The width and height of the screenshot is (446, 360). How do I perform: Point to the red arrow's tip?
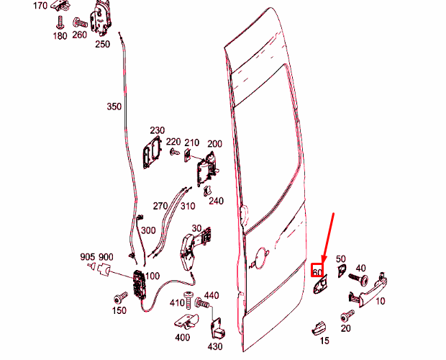coord(322,263)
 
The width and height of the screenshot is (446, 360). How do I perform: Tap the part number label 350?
coord(114,107)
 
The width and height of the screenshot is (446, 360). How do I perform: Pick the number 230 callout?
coord(158,130)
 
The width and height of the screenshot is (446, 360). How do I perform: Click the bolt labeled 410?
coord(188,300)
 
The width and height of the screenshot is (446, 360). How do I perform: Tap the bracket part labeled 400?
coord(186,321)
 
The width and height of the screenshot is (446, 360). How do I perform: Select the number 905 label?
coord(87,257)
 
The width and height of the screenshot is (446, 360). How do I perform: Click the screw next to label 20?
coord(347,316)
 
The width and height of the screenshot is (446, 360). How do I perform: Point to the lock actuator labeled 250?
coord(101,19)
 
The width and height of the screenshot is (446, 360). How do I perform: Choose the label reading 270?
coord(160,206)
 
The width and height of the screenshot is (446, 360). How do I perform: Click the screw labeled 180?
coord(60,22)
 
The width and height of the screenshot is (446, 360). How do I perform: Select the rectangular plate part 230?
coord(151,153)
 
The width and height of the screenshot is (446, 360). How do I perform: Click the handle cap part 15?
coord(319,328)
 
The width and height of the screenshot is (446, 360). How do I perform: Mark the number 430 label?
coord(215,346)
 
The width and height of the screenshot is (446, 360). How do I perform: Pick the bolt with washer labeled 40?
coord(358,279)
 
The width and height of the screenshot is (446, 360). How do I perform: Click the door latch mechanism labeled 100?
coord(140,285)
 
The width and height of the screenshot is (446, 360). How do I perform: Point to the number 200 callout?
coord(214,144)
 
